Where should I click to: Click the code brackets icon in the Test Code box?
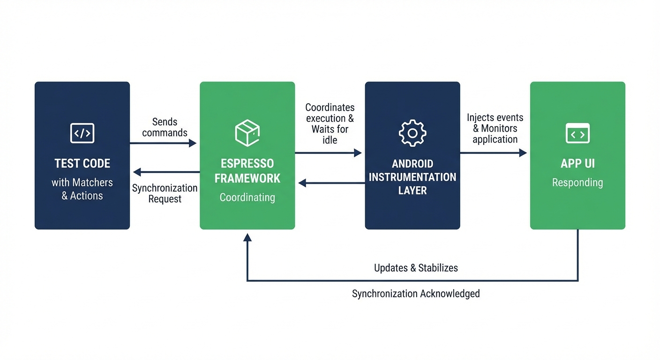pyautogui.click(x=82, y=133)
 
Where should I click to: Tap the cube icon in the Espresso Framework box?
pyautogui.click(x=247, y=133)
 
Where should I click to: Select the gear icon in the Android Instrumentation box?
pyautogui.click(x=412, y=133)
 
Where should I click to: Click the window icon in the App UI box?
pyautogui.click(x=577, y=133)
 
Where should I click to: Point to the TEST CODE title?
pyautogui.click(x=82, y=164)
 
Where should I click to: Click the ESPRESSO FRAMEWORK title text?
pyautogui.click(x=247, y=171)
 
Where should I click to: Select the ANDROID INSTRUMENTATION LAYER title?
pyautogui.click(x=412, y=177)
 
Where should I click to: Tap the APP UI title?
pyautogui.click(x=577, y=164)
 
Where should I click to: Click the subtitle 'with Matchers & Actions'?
pyautogui.click(x=82, y=189)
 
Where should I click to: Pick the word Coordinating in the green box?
pyautogui.click(x=247, y=197)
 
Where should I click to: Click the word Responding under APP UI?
pyautogui.click(x=577, y=182)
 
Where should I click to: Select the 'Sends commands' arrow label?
pyautogui.click(x=165, y=127)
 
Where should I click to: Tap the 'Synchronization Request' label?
pyautogui.click(x=165, y=193)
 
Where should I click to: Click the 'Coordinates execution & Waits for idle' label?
pyautogui.click(x=330, y=124)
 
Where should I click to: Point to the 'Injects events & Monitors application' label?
pyautogui.click(x=495, y=128)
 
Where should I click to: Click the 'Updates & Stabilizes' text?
pyautogui.click(x=416, y=268)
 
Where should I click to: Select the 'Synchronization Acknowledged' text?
pyautogui.click(x=416, y=293)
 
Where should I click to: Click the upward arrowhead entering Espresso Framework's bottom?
pyautogui.click(x=247, y=237)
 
